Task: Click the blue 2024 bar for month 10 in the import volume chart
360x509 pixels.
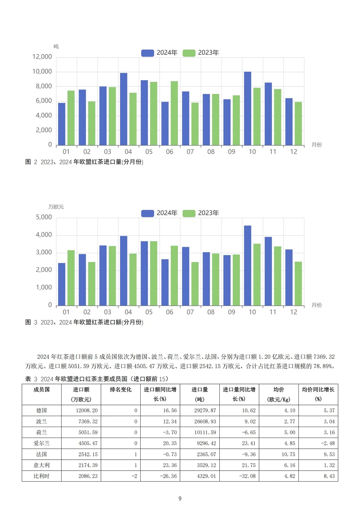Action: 247,108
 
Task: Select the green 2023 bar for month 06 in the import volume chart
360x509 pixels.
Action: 174,113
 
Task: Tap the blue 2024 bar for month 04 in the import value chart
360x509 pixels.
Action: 124,271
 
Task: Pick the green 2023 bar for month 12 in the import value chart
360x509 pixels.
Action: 298,284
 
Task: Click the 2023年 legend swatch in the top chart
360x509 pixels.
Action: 189,53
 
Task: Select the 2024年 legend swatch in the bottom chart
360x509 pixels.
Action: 147,213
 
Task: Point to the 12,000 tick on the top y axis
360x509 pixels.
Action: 42,57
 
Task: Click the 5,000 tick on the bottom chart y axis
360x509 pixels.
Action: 44,217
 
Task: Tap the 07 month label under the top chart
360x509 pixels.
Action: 190,152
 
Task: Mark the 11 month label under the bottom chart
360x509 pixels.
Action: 273,312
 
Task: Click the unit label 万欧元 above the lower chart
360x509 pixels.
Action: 56,207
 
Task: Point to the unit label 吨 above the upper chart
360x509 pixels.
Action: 56,47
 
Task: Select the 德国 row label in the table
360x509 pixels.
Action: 42,411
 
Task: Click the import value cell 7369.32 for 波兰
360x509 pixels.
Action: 88,422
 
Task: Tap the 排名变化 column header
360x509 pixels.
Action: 121,390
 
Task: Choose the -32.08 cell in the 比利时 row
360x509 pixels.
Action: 247,476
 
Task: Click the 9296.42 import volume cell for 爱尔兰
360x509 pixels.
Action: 206,443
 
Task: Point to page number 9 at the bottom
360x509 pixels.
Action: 180,499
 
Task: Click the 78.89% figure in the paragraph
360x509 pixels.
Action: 324,366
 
